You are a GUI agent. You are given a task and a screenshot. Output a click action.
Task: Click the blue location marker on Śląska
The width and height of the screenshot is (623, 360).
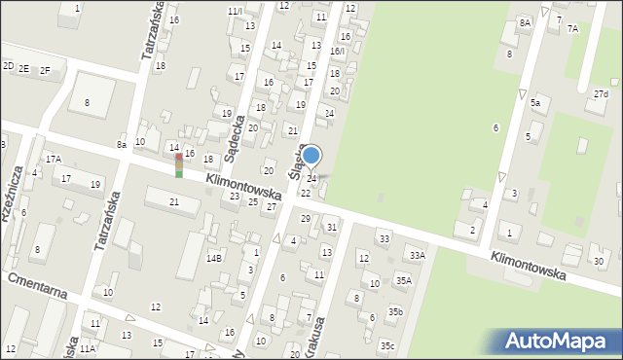[311, 155]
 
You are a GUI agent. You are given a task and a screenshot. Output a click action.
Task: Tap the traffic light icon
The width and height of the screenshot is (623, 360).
[178, 165]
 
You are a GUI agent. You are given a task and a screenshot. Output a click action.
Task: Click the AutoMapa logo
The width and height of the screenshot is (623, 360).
[560, 342]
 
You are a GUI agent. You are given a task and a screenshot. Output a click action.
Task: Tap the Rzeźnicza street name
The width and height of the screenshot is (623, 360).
[13, 205]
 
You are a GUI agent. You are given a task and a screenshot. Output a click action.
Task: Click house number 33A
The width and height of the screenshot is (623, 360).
[417, 255]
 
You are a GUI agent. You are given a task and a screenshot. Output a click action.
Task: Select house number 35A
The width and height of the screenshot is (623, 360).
[403, 280]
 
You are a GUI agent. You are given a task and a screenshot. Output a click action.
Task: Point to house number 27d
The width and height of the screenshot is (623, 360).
[601, 94]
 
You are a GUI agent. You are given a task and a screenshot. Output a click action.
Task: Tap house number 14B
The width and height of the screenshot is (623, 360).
[214, 258]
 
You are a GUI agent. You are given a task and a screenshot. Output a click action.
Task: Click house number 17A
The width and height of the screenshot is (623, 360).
[53, 159]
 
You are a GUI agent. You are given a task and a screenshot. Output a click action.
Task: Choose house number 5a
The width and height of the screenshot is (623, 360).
[535, 102]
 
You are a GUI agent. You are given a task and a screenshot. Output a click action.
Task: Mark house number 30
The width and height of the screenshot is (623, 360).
[599, 262]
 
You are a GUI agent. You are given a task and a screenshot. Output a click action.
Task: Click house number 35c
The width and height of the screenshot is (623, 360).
[387, 345]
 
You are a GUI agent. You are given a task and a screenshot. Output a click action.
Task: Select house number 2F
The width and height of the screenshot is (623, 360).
[45, 69]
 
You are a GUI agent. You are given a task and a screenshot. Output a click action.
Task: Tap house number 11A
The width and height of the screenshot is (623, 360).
[88, 347]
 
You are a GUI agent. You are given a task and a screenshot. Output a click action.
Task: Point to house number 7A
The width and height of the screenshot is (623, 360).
[572, 29]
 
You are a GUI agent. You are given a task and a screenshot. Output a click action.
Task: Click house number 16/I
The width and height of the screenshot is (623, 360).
[337, 51]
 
